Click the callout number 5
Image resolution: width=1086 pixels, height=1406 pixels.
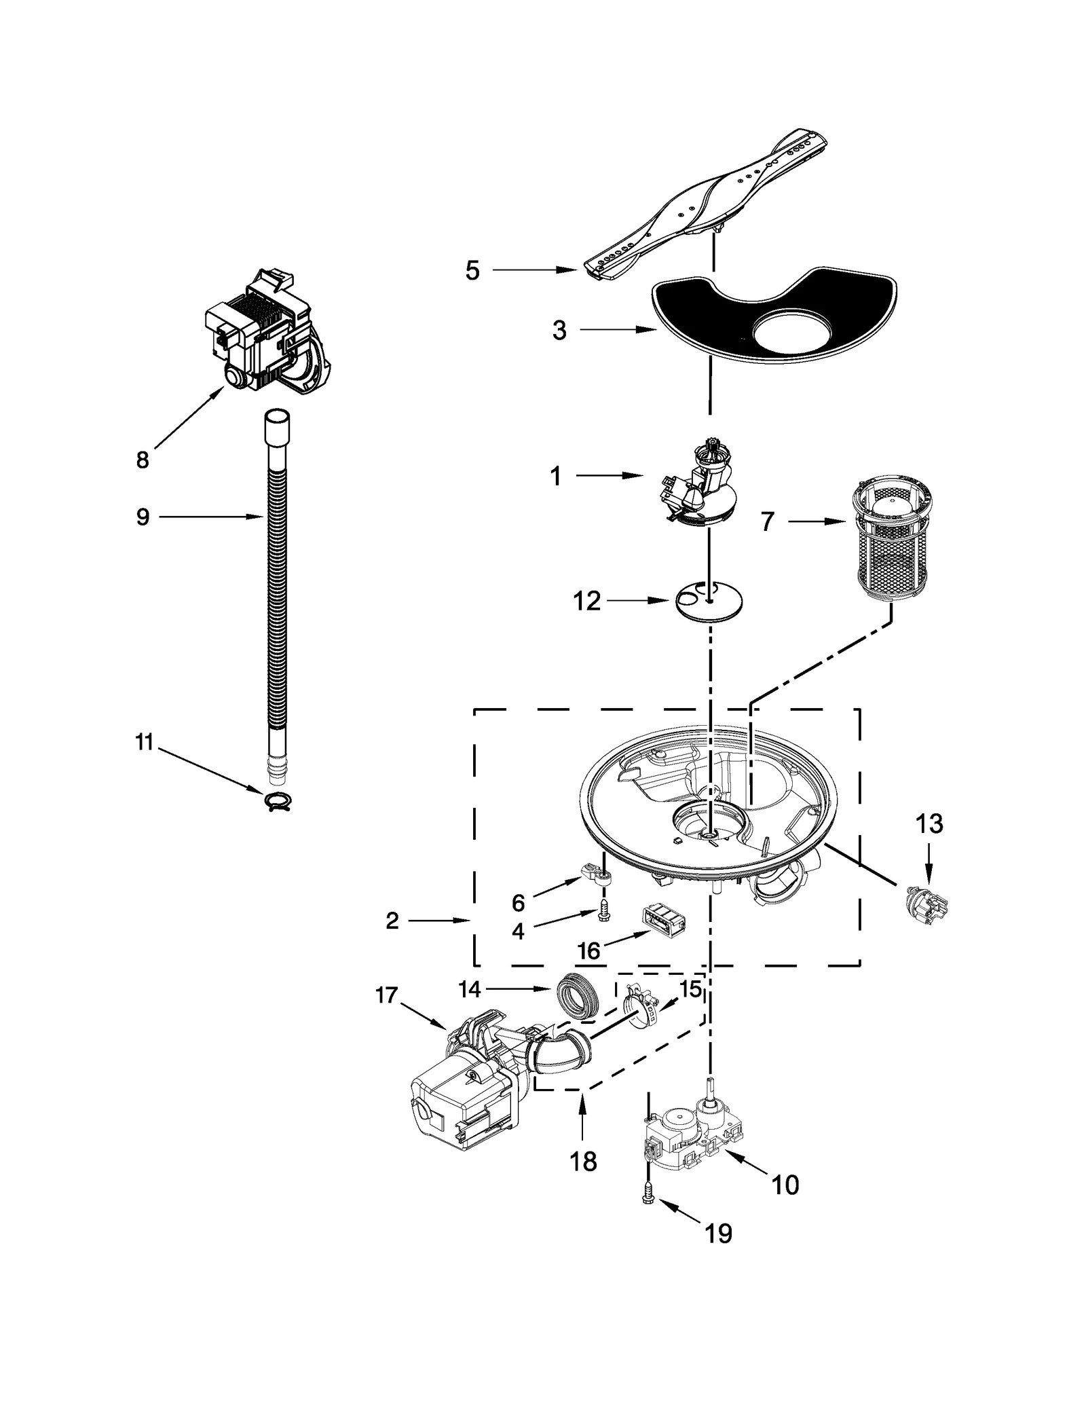pyautogui.click(x=472, y=271)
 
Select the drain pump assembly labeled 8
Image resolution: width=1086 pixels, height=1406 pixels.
pyautogui.click(x=268, y=333)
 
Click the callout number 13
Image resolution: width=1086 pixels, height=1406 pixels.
pyautogui.click(x=929, y=824)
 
